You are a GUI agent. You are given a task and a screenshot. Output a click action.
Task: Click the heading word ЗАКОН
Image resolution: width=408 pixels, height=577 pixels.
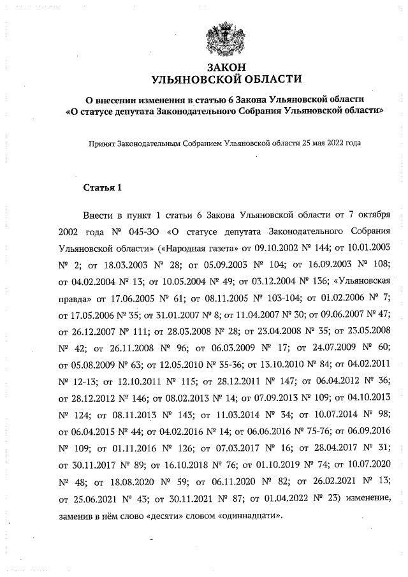pos(225,68)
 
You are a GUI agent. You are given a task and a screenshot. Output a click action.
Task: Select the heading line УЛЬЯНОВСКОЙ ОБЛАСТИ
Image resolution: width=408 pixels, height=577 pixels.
pos(225,79)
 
